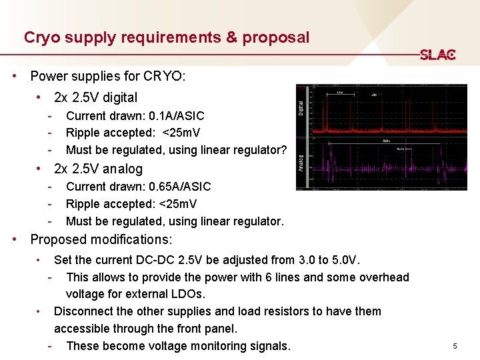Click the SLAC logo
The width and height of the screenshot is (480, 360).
click(x=437, y=55)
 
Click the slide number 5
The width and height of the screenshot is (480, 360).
click(x=455, y=346)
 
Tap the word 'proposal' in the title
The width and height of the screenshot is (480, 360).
click(x=276, y=37)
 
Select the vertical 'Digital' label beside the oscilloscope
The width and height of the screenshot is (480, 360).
click(x=301, y=106)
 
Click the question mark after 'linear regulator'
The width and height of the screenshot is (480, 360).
click(x=283, y=150)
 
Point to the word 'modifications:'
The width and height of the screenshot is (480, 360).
click(x=131, y=239)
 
